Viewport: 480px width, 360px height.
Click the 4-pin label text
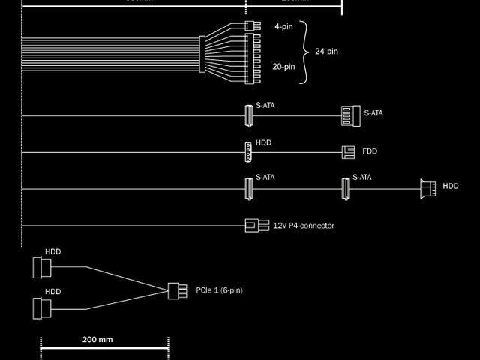point(283,26)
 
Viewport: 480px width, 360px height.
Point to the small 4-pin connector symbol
point(250,25)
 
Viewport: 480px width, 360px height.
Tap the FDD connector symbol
point(348,151)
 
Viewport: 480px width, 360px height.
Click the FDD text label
point(370,151)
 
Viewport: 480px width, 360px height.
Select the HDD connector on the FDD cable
point(247,152)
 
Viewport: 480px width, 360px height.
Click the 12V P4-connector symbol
point(256,225)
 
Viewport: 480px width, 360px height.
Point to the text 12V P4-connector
point(304,226)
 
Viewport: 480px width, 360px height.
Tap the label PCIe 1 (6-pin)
point(219,289)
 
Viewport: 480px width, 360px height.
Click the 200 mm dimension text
point(97,339)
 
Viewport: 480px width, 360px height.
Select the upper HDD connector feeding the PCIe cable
point(42,268)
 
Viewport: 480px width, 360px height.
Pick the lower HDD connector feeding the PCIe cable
point(42,307)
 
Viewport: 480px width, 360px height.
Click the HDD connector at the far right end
point(427,188)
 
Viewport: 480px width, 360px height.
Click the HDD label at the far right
point(450,186)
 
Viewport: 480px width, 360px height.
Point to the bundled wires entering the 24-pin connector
point(112,52)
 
